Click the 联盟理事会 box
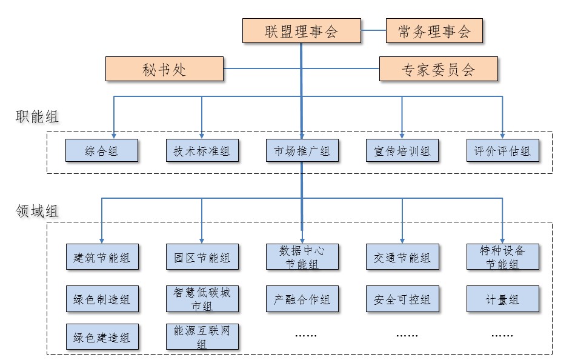(301, 31)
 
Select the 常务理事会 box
(434, 31)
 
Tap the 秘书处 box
(164, 68)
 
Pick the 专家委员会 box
(439, 68)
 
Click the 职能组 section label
(37, 117)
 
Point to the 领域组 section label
(37, 211)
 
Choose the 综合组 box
(102, 150)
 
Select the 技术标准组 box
(202, 150)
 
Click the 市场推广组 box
(302, 150)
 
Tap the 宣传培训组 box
(402, 150)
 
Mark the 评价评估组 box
(503, 150)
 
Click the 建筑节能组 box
(102, 257)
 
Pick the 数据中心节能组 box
(302, 257)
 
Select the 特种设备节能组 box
(503, 257)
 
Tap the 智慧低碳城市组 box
(202, 299)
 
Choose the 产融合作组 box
(302, 299)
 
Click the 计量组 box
(503, 299)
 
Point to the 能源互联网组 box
(202, 336)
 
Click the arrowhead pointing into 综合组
(114, 136)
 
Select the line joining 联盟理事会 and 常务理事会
(373, 30)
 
